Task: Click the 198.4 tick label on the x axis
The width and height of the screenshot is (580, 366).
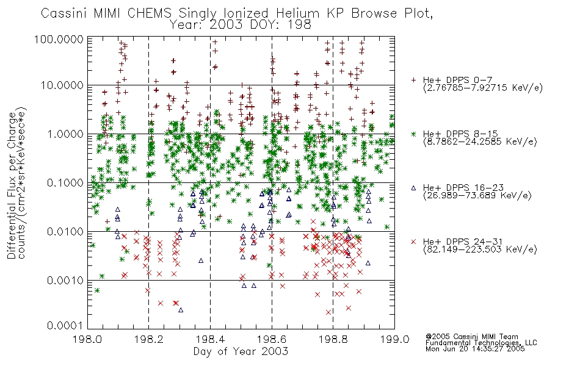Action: [210, 339]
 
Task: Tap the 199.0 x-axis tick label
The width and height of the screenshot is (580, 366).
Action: [394, 339]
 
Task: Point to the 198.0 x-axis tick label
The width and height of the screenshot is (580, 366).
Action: [87, 339]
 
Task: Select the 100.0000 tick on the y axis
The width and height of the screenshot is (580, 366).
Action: [59, 39]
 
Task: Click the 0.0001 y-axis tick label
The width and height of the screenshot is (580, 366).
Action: [65, 326]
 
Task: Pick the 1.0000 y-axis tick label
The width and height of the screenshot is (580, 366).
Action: [65, 134]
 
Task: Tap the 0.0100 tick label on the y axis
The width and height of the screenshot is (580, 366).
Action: [65, 231]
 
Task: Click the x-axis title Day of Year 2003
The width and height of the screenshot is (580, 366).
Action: [241, 351]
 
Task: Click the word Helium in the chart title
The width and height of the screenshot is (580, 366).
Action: [297, 13]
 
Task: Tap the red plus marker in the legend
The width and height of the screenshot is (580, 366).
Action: [414, 80]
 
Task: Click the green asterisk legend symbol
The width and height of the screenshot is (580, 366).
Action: [414, 134]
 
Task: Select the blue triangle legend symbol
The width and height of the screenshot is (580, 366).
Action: [414, 188]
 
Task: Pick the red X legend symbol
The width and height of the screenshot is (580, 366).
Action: [414, 242]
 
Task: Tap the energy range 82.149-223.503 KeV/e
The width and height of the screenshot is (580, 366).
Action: [480, 249]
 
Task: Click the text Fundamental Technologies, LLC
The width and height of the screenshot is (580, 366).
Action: [481, 343]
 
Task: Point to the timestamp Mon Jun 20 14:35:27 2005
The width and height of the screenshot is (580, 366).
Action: [475, 349]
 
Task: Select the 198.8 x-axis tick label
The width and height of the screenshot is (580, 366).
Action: [333, 339]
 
